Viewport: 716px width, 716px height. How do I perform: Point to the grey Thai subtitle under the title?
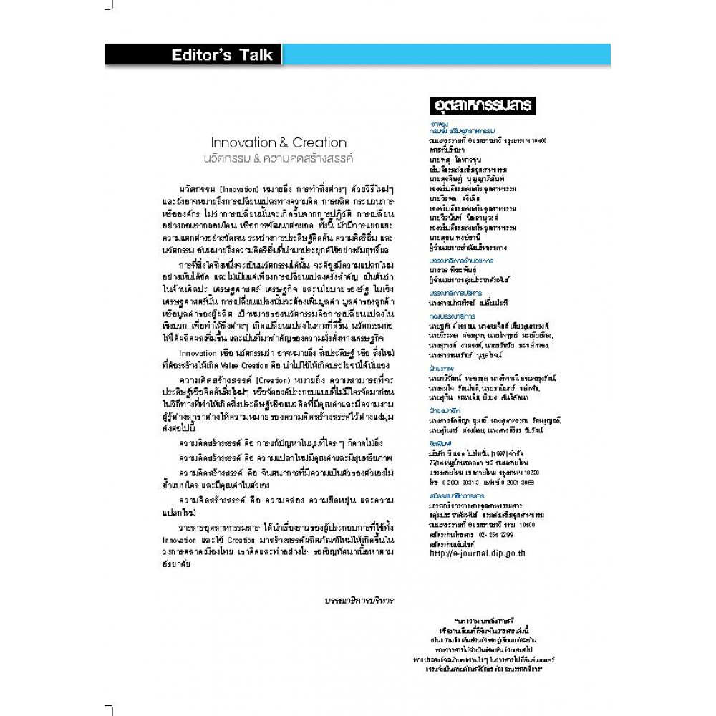(x=284, y=155)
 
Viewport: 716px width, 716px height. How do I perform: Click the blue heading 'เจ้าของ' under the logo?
(x=431, y=122)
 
